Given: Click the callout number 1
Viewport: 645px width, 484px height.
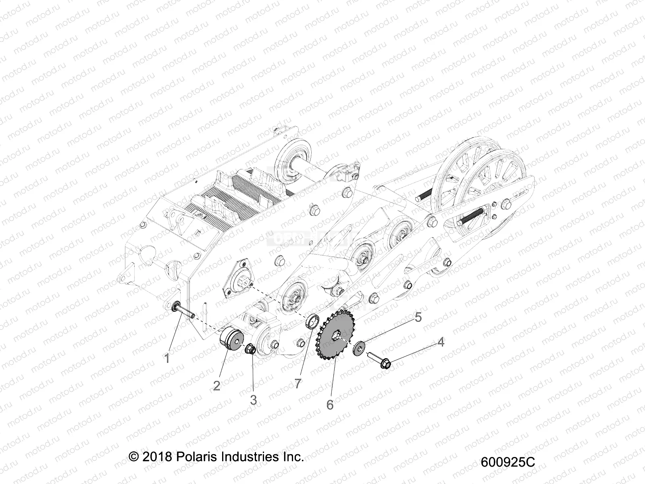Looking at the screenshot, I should coord(167,358).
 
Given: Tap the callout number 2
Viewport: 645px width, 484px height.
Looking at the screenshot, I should coord(216,386).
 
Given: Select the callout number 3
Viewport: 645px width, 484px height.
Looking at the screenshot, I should coord(253,400).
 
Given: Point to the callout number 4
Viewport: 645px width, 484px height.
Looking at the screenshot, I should coord(441,342).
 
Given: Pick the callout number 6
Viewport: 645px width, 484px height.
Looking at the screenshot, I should coord(330,405).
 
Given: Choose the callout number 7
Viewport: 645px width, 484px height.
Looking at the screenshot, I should coord(298,384).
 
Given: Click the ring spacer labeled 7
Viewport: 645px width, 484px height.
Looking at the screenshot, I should coord(312,323).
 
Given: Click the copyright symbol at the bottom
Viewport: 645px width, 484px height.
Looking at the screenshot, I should coord(133,457).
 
